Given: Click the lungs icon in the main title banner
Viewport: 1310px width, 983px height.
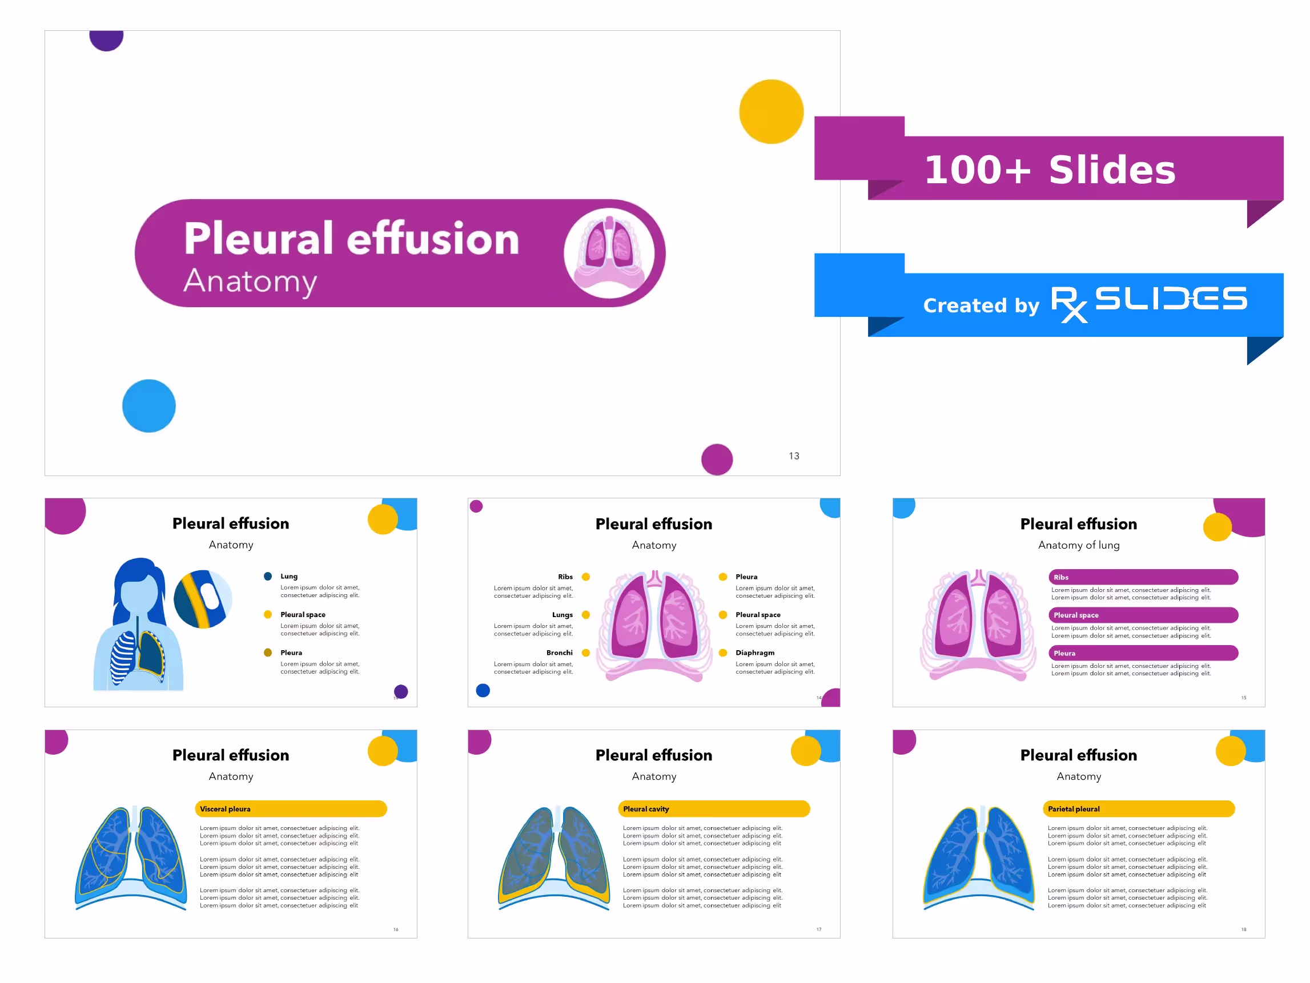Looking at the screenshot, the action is [609, 253].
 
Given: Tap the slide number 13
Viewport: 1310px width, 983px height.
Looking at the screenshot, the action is [794, 456].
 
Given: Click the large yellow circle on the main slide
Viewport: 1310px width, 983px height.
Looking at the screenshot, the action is [771, 111].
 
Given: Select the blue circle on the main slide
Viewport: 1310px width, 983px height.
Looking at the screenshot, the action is [148, 406].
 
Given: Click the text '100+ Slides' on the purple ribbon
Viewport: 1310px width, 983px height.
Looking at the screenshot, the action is [1050, 170].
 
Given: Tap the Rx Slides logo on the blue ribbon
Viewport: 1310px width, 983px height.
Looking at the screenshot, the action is [1148, 302].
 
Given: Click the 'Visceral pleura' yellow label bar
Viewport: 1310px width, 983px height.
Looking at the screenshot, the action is [290, 809].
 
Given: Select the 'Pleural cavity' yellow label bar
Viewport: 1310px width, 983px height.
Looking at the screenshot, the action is [713, 809].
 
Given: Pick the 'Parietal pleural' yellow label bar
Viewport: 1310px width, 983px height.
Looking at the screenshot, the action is [1138, 809].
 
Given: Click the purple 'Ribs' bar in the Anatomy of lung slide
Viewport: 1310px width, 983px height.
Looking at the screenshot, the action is [1143, 577].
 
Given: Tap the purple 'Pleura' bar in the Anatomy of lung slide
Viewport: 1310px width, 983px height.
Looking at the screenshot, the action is [1143, 653].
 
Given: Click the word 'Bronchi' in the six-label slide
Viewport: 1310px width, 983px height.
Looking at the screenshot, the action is [559, 652].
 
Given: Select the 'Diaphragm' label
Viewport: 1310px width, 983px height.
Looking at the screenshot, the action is [754, 652].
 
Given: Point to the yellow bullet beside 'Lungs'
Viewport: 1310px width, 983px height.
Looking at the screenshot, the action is [586, 615].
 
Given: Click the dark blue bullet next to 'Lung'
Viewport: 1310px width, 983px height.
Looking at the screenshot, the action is [268, 576].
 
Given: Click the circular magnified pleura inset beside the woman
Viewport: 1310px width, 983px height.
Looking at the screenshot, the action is [203, 599].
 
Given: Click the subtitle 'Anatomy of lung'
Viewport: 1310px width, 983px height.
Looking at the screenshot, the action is [1079, 545].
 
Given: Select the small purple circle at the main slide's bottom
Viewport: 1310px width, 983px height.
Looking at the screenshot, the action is [717, 460].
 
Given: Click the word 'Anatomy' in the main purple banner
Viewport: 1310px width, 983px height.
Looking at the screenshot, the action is [250, 281].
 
